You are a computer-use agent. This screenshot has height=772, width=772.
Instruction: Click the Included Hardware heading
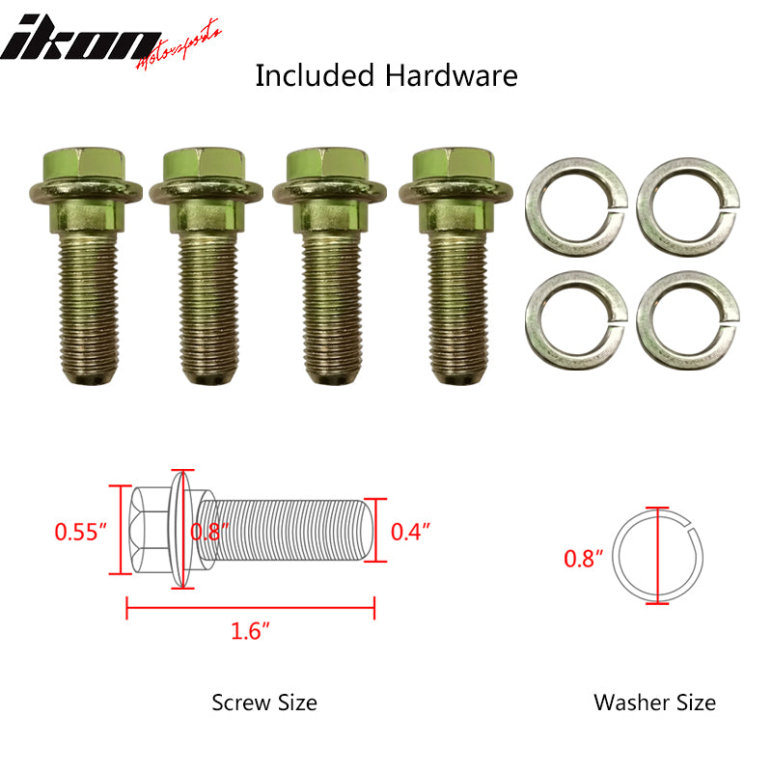coord(386,76)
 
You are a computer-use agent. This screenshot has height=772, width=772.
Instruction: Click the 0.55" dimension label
coord(78,532)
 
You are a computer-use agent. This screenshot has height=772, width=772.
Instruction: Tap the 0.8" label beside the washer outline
coord(583,558)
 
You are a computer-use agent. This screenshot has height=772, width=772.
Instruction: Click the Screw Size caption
coord(264,703)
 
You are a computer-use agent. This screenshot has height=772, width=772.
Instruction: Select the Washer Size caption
coord(655,703)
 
